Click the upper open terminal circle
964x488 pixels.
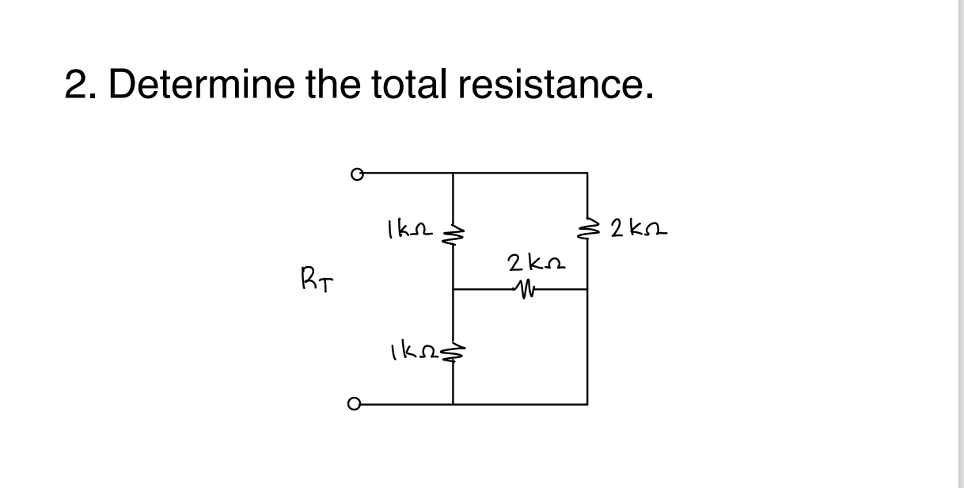(357, 173)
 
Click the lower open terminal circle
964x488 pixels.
(355, 404)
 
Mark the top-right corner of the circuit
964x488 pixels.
(587, 172)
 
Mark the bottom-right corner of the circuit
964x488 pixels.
(587, 404)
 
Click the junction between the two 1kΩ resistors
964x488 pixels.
(454, 290)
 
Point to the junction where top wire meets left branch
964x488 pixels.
(454, 172)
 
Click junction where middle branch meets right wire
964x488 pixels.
(587, 290)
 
